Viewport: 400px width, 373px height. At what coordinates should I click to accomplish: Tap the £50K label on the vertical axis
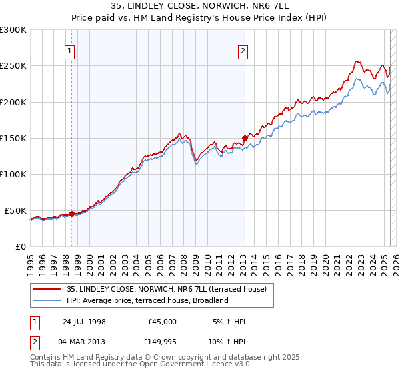click(x=16, y=210)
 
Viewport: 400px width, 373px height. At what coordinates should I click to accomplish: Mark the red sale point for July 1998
click(x=71, y=214)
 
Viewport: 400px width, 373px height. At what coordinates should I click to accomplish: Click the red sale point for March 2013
click(x=245, y=139)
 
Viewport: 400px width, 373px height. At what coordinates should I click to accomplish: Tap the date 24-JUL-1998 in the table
click(x=84, y=322)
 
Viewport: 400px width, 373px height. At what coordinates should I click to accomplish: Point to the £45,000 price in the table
click(x=162, y=322)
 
